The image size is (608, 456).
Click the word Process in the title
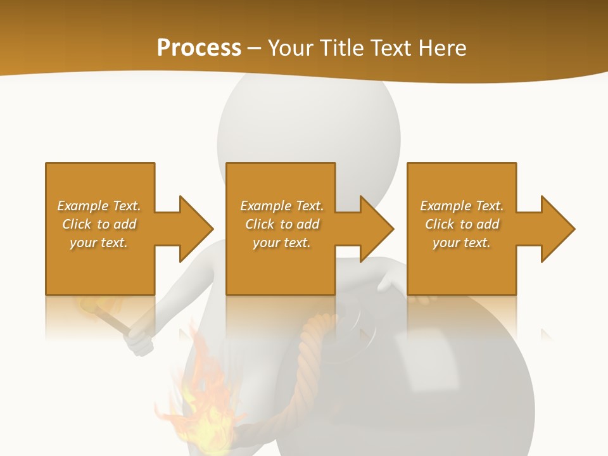tap(199, 48)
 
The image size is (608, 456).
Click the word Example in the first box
tap(82, 206)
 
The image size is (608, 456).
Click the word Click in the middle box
tap(259, 224)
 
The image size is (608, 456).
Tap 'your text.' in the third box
tap(461, 243)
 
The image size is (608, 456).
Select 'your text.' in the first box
tap(99, 243)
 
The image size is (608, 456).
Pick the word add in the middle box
tap(308, 224)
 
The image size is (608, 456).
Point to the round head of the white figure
tap(308, 127)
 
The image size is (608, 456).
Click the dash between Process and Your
tap(254, 48)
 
